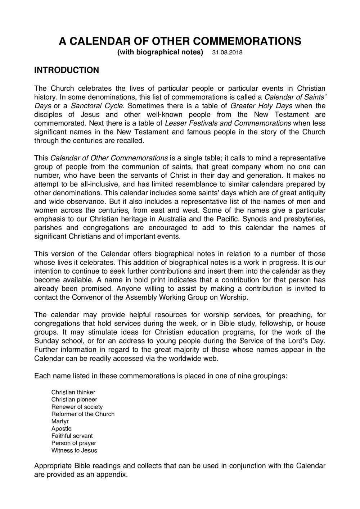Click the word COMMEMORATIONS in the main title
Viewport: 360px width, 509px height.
[248, 42]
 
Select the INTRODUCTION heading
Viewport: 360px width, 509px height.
[66, 70]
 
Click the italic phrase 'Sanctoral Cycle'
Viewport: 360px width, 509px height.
[97, 106]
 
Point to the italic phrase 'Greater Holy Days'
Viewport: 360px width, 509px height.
[261, 106]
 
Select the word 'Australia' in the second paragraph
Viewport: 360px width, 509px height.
[224, 219]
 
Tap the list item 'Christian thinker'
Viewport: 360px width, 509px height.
[73, 392]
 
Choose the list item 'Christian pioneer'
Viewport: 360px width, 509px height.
[74, 399]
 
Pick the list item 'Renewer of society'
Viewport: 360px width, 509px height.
[77, 406]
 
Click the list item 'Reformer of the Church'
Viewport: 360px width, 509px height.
[83, 414]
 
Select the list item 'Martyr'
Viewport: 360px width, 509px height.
[60, 421]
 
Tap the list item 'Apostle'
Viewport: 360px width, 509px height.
[61, 428]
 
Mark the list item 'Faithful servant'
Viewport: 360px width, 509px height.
[72, 436]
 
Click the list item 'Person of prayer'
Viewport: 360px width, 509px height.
[74, 443]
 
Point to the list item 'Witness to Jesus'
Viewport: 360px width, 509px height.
[74, 450]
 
